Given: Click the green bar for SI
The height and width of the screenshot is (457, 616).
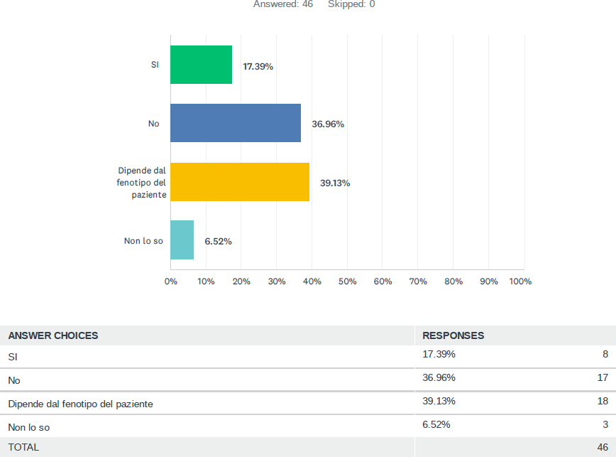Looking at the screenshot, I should [202, 65].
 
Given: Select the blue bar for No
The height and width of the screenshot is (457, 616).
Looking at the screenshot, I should [236, 123].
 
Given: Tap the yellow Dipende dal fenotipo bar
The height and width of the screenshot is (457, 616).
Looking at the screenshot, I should [240, 182].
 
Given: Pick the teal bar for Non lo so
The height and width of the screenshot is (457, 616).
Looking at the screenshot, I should [182, 240].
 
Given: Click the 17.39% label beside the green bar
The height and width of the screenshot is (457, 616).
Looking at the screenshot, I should [258, 66].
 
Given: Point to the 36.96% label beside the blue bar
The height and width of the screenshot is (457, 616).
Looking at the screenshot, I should [328, 124].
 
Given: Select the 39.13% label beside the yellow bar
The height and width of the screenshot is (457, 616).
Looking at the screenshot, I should [335, 183].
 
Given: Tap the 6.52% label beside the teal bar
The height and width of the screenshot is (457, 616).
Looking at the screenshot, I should [218, 241].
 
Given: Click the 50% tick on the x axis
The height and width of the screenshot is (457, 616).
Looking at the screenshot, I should [347, 281].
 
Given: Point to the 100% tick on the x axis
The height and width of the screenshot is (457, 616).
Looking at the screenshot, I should [520, 281].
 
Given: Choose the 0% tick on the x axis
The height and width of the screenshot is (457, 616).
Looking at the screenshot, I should [170, 281].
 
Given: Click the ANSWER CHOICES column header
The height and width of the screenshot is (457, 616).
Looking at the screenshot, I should [53, 335].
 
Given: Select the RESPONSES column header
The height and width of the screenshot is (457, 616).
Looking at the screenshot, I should [453, 335].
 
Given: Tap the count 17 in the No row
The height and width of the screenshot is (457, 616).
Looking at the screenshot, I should [603, 377].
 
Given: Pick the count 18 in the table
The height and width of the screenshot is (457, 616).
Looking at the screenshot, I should [603, 401].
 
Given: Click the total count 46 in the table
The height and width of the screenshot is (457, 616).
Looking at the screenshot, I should [603, 447].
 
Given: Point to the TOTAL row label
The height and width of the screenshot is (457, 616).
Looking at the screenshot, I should [23, 447].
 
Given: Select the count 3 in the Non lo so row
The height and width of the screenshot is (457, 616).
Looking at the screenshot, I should [605, 424].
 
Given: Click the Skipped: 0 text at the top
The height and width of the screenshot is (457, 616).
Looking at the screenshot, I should [351, 4].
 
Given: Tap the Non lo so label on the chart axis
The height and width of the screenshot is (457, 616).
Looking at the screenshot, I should [143, 241].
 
